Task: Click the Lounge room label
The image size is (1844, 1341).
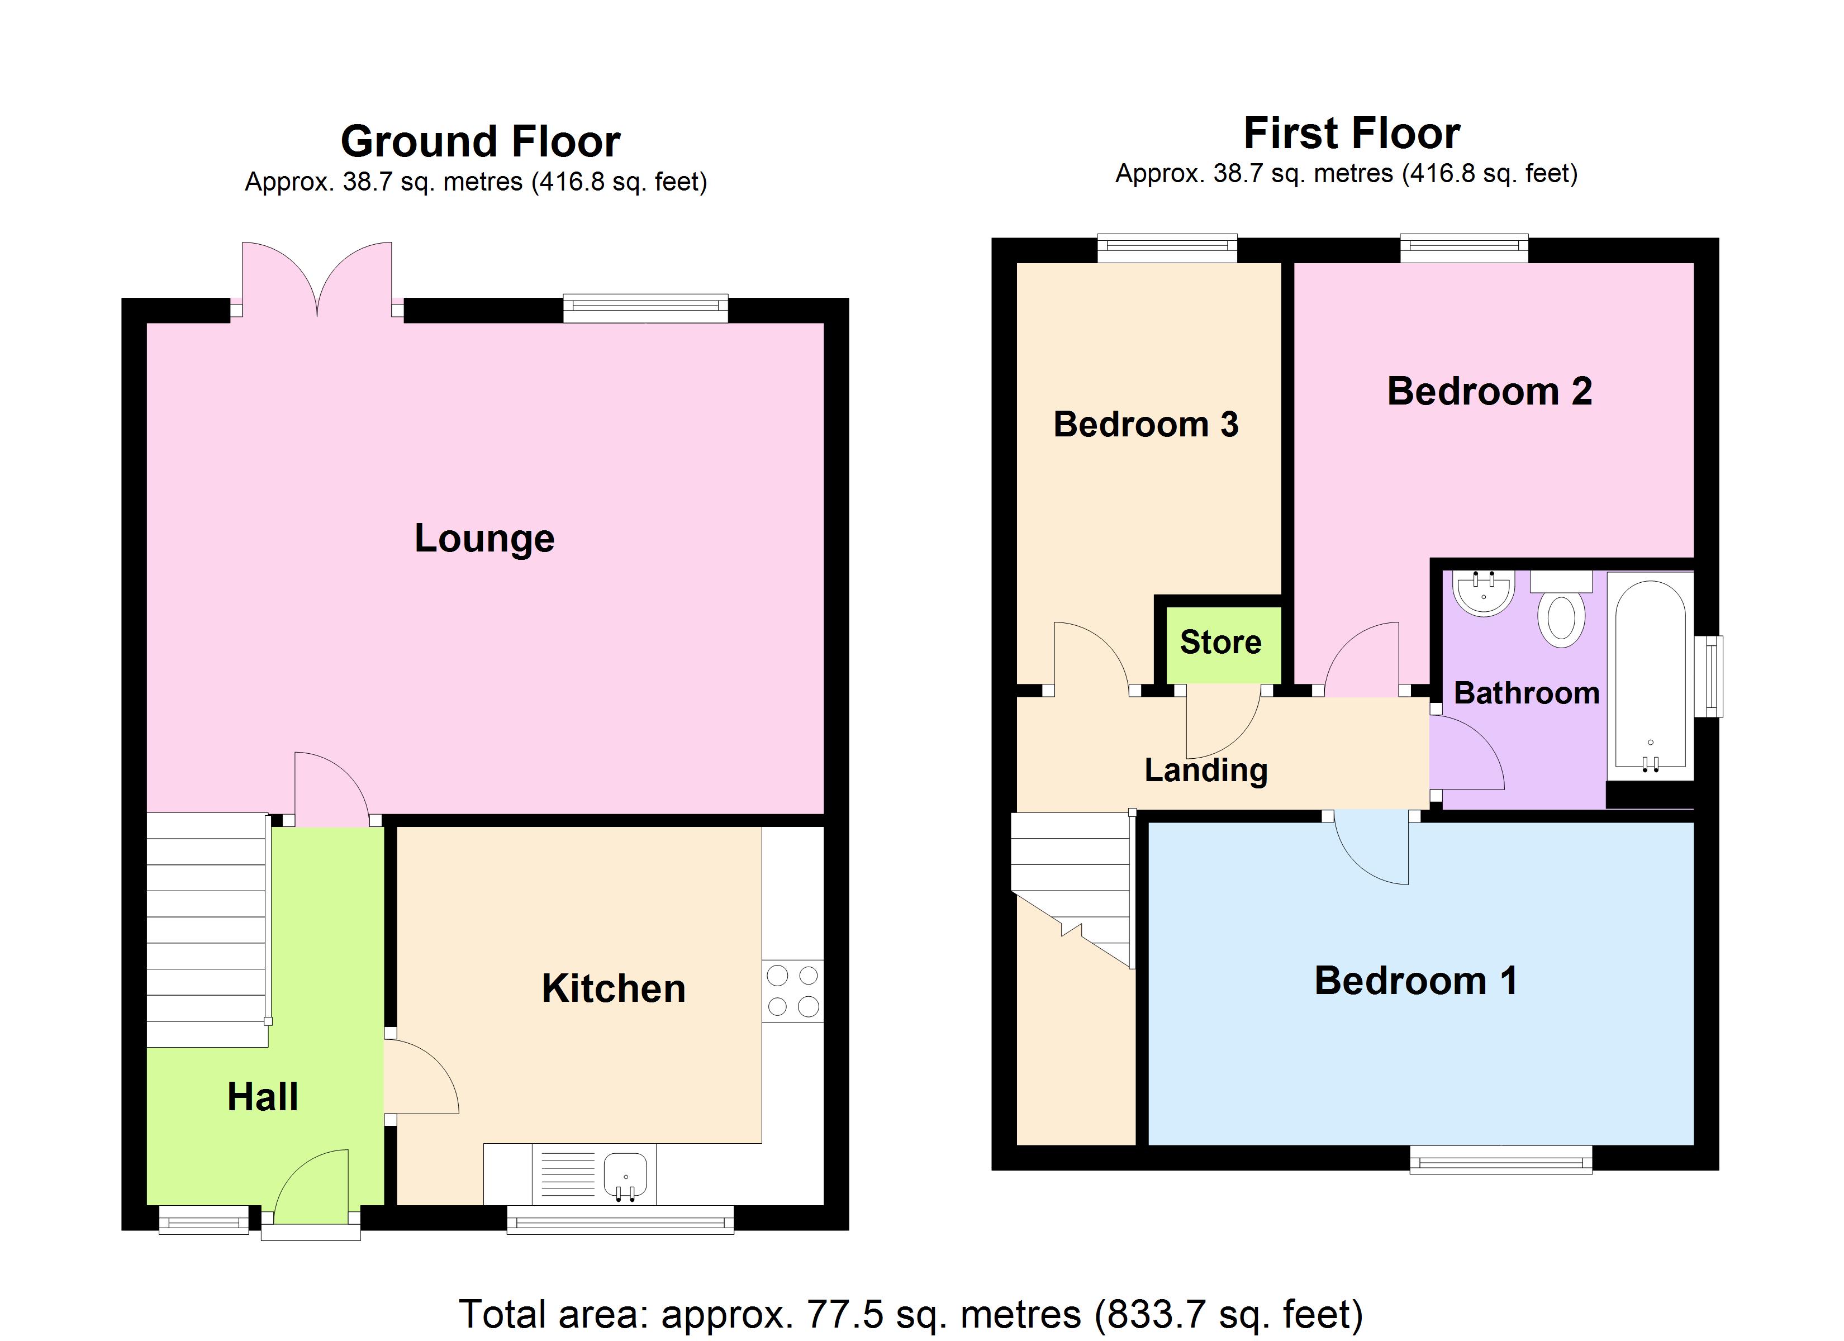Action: point(484,538)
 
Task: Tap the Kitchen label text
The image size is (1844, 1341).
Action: point(613,989)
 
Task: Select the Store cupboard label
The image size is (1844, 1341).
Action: point(1220,643)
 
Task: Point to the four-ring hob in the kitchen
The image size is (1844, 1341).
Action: point(793,991)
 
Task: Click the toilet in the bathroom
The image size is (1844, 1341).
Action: point(1561,618)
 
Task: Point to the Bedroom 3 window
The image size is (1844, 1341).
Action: point(1167,248)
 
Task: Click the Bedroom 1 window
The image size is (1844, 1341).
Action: point(1500,1159)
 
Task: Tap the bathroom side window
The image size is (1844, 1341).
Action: point(1713,675)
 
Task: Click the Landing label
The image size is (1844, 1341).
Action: point(1206,770)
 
